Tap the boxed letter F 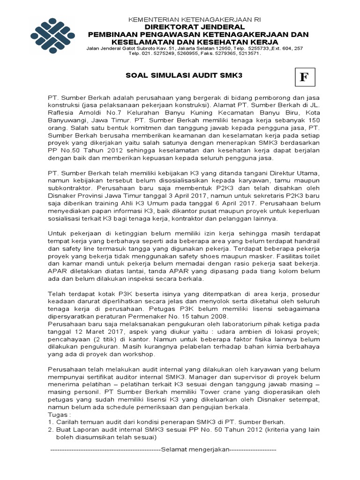[x=304, y=78]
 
